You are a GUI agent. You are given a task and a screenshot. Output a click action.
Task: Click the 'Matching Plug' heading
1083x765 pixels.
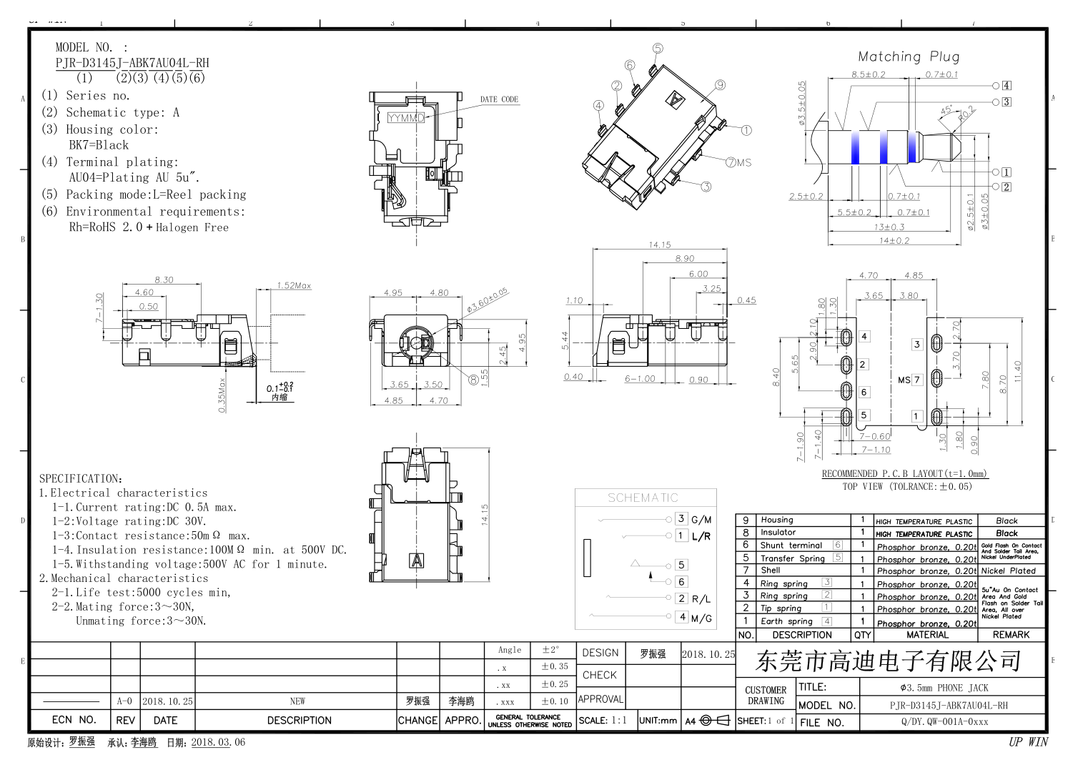(x=908, y=56)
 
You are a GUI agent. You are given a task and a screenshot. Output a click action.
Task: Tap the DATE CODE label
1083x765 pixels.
(x=499, y=99)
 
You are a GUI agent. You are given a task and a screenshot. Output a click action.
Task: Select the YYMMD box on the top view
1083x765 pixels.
(x=406, y=118)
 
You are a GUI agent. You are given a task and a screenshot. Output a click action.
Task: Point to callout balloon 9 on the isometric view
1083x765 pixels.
(x=720, y=85)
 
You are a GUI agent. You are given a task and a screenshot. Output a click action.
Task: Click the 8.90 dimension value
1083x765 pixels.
(x=684, y=259)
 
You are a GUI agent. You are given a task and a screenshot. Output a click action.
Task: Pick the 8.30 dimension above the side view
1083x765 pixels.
(x=164, y=280)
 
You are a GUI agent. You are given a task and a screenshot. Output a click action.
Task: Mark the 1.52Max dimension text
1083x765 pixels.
(x=294, y=285)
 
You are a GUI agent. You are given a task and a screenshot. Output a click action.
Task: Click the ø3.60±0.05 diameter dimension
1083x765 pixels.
(x=487, y=300)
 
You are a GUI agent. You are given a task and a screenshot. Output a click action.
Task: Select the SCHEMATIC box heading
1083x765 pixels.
(x=643, y=498)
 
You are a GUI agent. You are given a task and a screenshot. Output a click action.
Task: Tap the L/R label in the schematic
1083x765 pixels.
(x=701, y=536)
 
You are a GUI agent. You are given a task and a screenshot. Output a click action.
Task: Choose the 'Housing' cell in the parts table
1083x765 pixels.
(x=776, y=520)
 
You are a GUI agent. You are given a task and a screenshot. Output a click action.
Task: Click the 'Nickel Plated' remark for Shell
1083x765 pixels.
(x=1008, y=571)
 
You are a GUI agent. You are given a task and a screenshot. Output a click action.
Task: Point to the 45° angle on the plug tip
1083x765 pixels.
(x=946, y=109)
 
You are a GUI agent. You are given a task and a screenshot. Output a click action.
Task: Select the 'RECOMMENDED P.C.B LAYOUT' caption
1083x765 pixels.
(x=904, y=473)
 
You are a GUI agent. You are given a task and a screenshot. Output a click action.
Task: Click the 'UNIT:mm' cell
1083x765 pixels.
(x=658, y=720)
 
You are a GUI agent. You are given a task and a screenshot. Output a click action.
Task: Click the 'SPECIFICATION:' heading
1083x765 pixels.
(x=80, y=478)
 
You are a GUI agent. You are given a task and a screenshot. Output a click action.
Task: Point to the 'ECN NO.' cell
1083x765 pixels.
(x=74, y=720)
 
